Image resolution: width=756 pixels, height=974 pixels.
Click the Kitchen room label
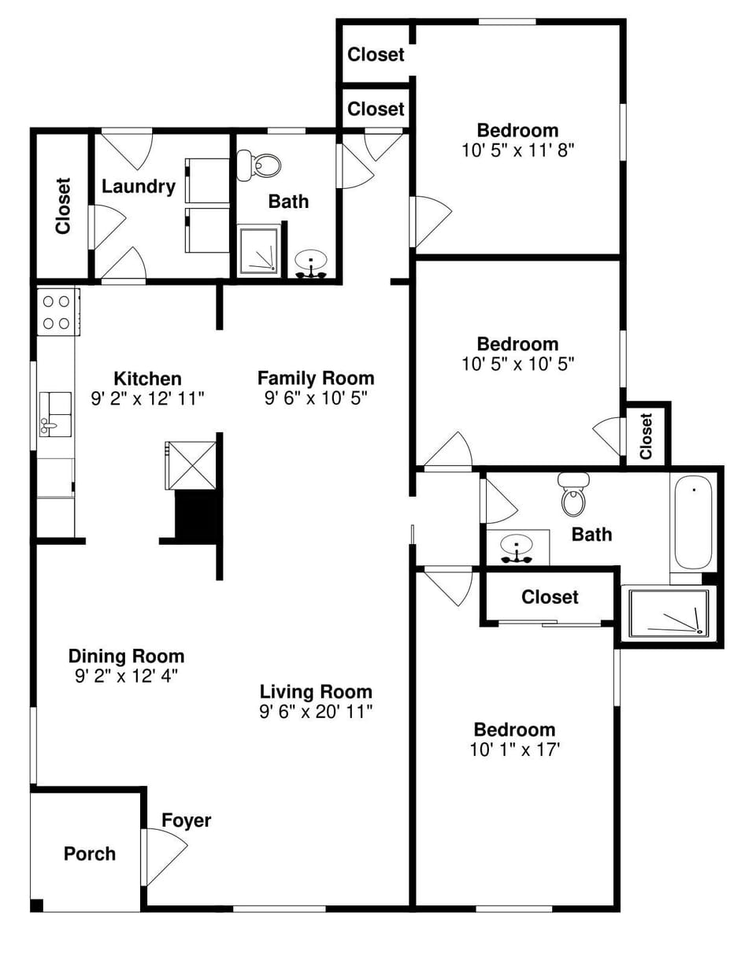click(x=147, y=379)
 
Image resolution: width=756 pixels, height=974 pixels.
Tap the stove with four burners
click(x=57, y=312)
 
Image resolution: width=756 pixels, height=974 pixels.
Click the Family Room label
click(x=315, y=378)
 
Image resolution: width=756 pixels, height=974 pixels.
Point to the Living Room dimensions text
click(x=315, y=712)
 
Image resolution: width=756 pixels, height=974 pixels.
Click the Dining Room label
click(x=126, y=656)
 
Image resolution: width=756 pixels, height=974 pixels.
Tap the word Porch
click(x=89, y=854)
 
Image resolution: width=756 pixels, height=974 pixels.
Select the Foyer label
click(x=186, y=820)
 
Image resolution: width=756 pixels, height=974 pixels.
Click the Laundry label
click(x=138, y=187)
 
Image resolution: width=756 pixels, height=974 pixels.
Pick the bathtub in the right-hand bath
click(x=693, y=524)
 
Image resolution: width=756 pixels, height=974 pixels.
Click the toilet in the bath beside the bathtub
click(x=573, y=494)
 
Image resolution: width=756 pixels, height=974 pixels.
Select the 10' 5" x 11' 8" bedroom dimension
click(x=517, y=150)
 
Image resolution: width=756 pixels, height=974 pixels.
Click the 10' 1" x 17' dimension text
click(x=514, y=750)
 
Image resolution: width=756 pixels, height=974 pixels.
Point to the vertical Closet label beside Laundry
click(x=63, y=206)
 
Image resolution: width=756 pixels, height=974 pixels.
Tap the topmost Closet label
click(x=376, y=54)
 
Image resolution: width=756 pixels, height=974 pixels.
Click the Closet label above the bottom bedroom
click(x=550, y=597)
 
